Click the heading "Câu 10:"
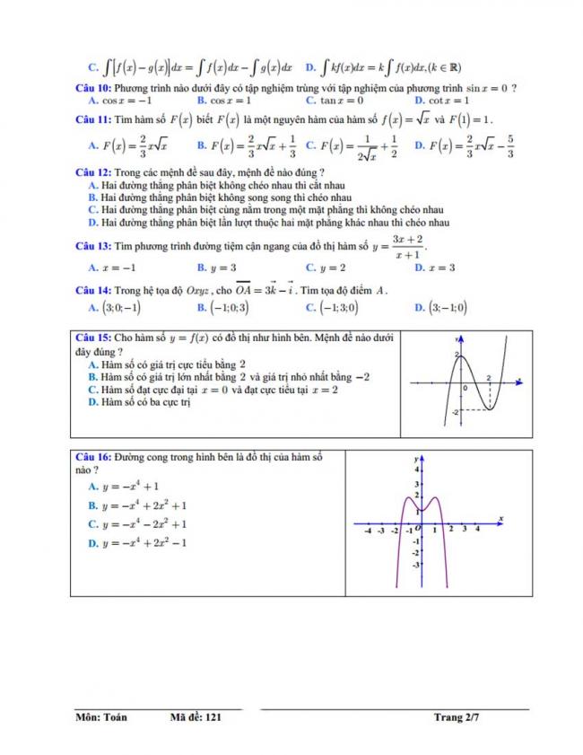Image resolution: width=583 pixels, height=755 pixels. [x=92, y=88]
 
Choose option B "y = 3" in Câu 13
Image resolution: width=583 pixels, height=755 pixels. [x=217, y=268]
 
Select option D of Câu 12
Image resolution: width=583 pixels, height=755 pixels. [x=269, y=223]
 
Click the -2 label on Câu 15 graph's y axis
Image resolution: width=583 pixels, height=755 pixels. [x=455, y=411]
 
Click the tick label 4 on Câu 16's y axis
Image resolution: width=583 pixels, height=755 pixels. [x=415, y=469]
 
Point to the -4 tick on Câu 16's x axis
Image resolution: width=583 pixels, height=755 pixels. [x=369, y=531]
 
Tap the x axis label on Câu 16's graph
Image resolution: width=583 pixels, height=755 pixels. [x=500, y=519]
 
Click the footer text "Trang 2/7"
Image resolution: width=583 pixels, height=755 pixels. [x=457, y=717]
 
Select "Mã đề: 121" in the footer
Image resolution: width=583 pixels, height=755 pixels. [x=195, y=717]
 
